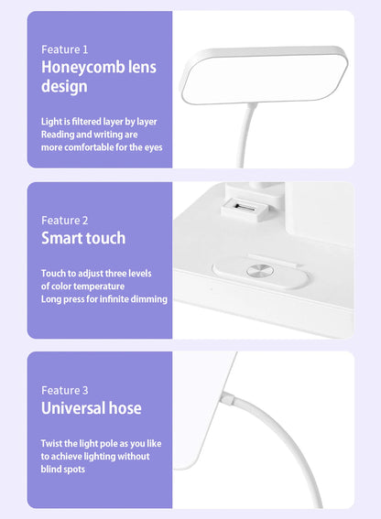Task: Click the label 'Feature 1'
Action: coord(65,49)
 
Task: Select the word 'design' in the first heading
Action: coord(64,86)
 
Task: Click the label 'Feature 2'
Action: coord(65,221)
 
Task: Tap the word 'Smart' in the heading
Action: coord(62,238)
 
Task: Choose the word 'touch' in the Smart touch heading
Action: coord(107,238)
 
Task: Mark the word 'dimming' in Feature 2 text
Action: coord(149,298)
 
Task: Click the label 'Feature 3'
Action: coord(65,391)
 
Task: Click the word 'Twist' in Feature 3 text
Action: coord(53,443)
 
